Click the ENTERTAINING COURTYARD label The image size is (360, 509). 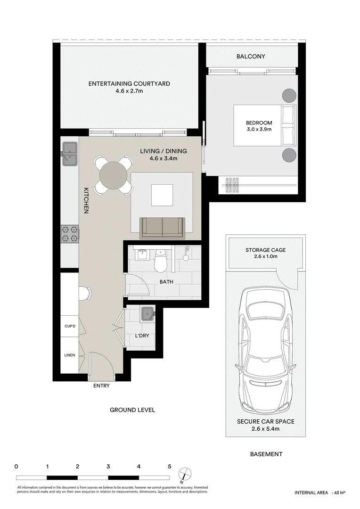pyautogui.click(x=129, y=84)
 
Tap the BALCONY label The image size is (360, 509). pyautogui.click(x=251, y=57)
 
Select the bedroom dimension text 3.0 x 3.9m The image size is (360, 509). pyautogui.click(x=259, y=129)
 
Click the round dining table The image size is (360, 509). pyautogui.click(x=113, y=175)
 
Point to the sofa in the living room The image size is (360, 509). pyautogui.click(x=163, y=228)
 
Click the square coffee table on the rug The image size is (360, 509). pyautogui.click(x=162, y=193)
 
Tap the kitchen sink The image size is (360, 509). pyautogui.click(x=70, y=154)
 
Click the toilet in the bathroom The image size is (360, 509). pyautogui.click(x=160, y=262)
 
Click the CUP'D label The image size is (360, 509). pyautogui.click(x=70, y=326)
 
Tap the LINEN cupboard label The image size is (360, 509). pyautogui.click(x=70, y=355)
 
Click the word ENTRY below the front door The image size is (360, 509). pyautogui.click(x=101, y=386)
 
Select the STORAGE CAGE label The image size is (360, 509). pyautogui.click(x=265, y=250)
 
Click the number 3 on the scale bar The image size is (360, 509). pyautogui.click(x=108, y=467)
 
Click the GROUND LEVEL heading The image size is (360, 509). pyautogui.click(x=132, y=410)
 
